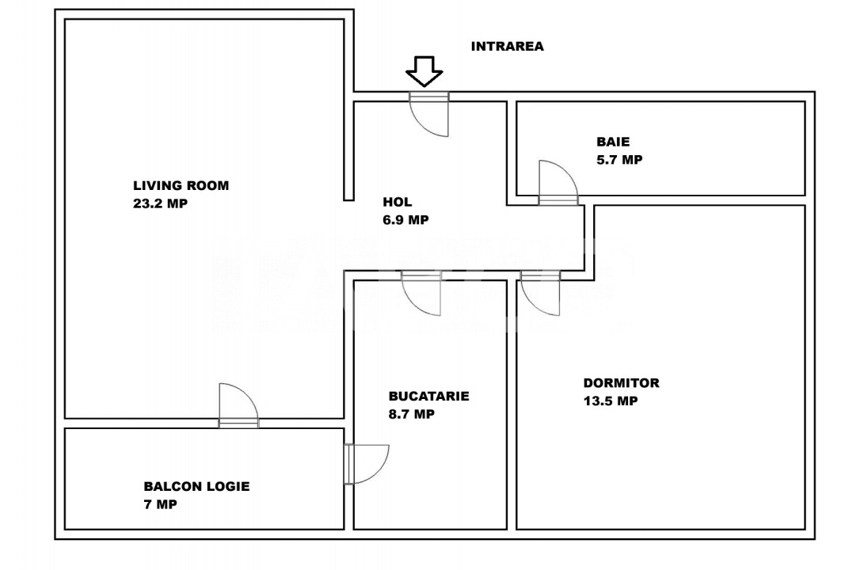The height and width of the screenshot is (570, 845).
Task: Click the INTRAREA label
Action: coord(507,47)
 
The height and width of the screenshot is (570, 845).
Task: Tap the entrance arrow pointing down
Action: coord(424,71)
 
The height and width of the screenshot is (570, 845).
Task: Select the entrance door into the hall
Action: coord(428,115)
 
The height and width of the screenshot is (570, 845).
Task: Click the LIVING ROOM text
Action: coord(181,186)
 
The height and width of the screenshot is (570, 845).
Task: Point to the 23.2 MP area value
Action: coord(161,203)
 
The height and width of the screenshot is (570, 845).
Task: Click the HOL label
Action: coord(397,202)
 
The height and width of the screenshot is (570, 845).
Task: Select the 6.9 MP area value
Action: coord(405,220)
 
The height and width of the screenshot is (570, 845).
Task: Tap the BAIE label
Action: coord(613,142)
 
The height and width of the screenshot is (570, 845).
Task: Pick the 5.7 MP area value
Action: coord(619,159)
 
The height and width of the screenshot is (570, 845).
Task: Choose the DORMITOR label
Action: coord(621,383)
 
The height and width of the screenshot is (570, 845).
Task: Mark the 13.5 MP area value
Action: coord(610,401)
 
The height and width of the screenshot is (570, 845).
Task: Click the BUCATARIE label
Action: coord(428,396)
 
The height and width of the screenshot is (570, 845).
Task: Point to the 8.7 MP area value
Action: coord(411,413)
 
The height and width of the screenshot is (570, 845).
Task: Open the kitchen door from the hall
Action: coord(421,293)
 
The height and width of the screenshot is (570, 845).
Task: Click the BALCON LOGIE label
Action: coord(196,486)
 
